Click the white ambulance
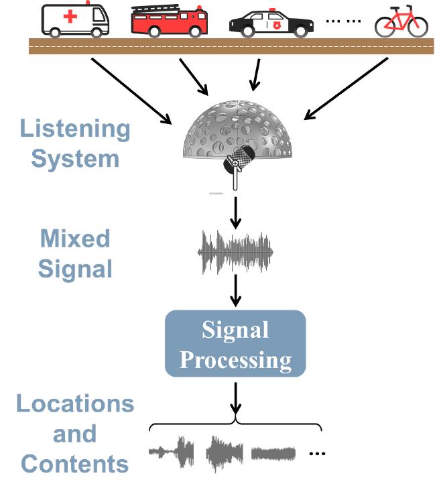[x=75, y=19]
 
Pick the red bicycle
[x=401, y=21]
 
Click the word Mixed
[x=74, y=239]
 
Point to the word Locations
[x=75, y=404]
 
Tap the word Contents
[x=74, y=463]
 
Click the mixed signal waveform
[x=235, y=253]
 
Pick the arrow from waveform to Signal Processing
[x=235, y=292]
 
